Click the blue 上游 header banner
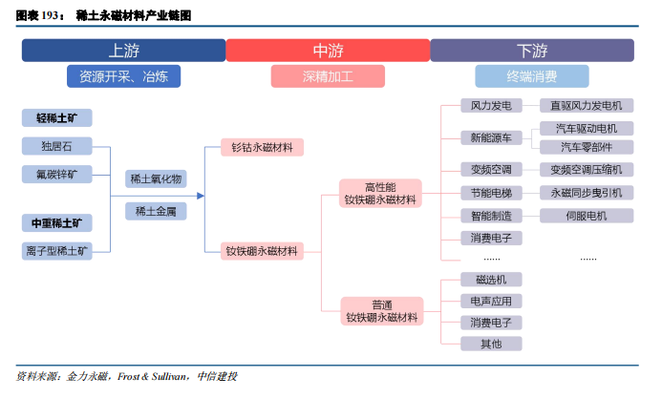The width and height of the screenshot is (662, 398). (x=123, y=51)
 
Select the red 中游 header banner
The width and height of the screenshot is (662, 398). (x=328, y=51)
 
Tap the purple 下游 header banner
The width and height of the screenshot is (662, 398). (x=532, y=51)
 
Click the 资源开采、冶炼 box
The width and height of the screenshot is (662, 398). (x=123, y=76)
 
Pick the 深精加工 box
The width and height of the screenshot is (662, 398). (x=328, y=76)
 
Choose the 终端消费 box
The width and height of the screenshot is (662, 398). (x=532, y=76)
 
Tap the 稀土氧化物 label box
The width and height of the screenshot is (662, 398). (x=155, y=178)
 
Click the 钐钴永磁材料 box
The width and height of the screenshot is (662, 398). (x=262, y=147)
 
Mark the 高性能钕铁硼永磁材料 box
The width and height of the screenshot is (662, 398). (x=381, y=193)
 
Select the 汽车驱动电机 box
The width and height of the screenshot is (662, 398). (x=587, y=128)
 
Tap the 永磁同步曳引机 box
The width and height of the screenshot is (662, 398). (x=587, y=193)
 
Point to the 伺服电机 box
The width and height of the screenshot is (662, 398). (x=587, y=216)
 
